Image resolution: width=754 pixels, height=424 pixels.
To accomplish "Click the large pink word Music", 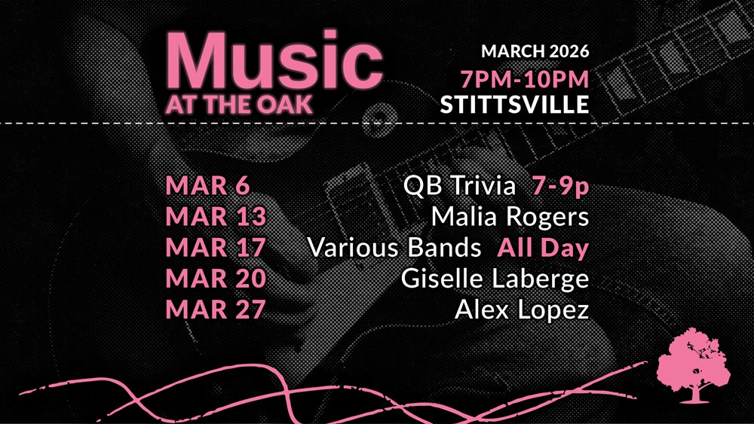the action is click(x=274, y=60).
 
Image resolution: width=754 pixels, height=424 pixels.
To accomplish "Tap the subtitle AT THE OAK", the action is click(x=240, y=105).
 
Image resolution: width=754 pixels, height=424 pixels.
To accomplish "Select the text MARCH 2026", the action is click(x=535, y=51).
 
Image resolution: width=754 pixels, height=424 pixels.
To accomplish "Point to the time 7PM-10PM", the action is click(x=525, y=79).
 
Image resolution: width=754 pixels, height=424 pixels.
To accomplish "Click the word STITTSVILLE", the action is click(x=514, y=104).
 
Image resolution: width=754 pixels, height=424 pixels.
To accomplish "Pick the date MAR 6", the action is click(x=208, y=185).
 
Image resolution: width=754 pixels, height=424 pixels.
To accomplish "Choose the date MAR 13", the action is click(x=216, y=216).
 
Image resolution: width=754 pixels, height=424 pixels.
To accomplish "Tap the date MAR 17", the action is click(x=216, y=247).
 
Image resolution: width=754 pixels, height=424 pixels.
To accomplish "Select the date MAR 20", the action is click(x=216, y=278).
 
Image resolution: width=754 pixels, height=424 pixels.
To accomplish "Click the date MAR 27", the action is click(x=216, y=309).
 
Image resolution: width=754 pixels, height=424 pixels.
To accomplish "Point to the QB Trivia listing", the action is click(x=459, y=186).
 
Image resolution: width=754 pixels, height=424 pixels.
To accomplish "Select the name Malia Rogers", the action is click(x=510, y=217).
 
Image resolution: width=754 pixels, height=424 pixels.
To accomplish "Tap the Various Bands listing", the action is click(x=394, y=247).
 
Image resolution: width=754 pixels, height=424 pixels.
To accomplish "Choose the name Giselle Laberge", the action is click(x=495, y=279).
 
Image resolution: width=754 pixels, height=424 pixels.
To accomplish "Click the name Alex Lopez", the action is click(x=522, y=310).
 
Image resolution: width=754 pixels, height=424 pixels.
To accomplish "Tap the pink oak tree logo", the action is click(x=693, y=365).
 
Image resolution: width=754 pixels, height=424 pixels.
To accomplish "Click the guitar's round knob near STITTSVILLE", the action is click(x=379, y=117).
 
